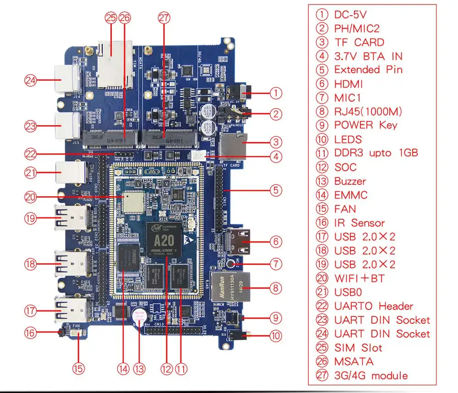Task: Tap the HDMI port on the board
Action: (x=239, y=241)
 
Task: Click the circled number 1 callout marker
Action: (x=276, y=94)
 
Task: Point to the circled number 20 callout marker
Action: (x=30, y=198)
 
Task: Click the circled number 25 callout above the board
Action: (x=111, y=18)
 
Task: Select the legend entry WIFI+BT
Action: (x=359, y=278)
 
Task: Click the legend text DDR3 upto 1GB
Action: (x=376, y=153)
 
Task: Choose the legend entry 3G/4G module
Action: (x=371, y=376)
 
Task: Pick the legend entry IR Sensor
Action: (x=359, y=223)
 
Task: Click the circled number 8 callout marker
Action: (x=276, y=288)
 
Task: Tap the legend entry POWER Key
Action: (x=365, y=125)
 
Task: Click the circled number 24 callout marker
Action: (x=30, y=81)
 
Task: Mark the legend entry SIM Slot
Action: (x=358, y=348)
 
